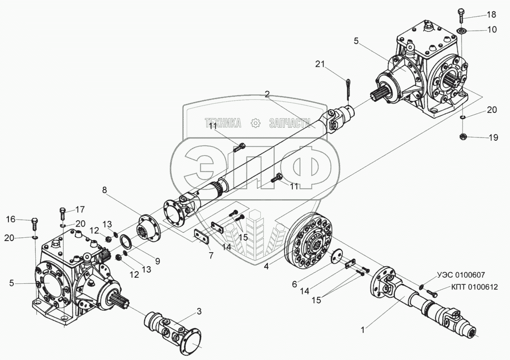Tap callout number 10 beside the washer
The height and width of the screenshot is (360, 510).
tap(491, 29)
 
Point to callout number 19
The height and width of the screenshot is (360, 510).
tap(492, 137)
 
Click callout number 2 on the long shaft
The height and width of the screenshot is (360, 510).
tap(267, 94)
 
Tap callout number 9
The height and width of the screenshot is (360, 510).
tap(157, 262)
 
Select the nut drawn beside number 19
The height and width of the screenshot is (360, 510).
tap(463, 137)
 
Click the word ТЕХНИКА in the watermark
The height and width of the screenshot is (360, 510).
tap(223, 123)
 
